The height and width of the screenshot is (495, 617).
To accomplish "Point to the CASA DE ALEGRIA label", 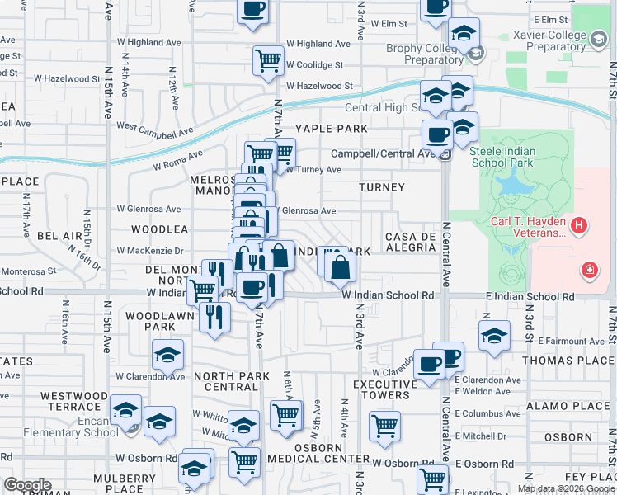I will tap(410, 243).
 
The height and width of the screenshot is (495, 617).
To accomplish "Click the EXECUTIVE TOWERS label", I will tap(385, 390).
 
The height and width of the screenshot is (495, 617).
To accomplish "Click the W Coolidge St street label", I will tap(314, 65).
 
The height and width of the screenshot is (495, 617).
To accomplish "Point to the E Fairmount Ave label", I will tap(572, 340).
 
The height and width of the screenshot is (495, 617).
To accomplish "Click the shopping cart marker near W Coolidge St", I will tap(268, 60).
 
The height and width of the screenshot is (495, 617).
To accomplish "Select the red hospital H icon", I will tap(579, 224).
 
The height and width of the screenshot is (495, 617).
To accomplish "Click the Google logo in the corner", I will tap(27, 484).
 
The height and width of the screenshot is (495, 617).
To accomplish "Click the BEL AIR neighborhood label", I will tap(60, 236).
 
